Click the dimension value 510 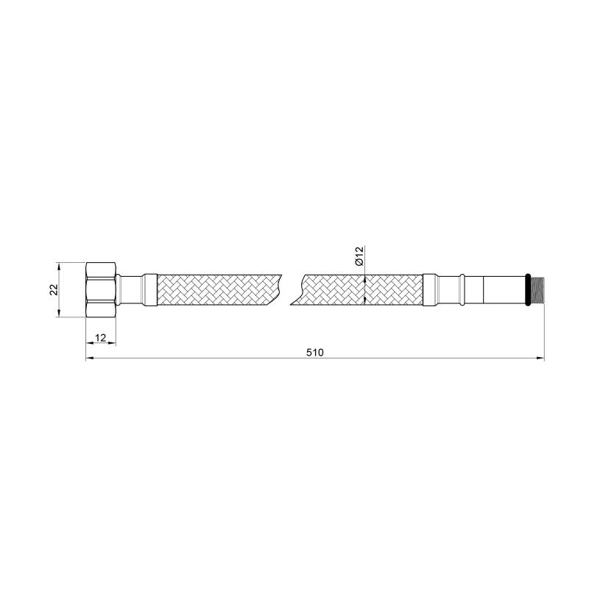click(x=315, y=353)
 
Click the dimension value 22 click(x=54, y=289)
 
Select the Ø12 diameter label click(x=359, y=256)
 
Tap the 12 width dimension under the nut click(x=101, y=338)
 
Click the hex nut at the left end click(x=101, y=290)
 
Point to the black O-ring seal click(x=528, y=289)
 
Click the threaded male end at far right click(x=537, y=289)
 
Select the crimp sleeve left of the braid click(x=150, y=289)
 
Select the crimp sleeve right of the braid click(x=429, y=289)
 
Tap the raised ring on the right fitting click(x=462, y=289)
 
